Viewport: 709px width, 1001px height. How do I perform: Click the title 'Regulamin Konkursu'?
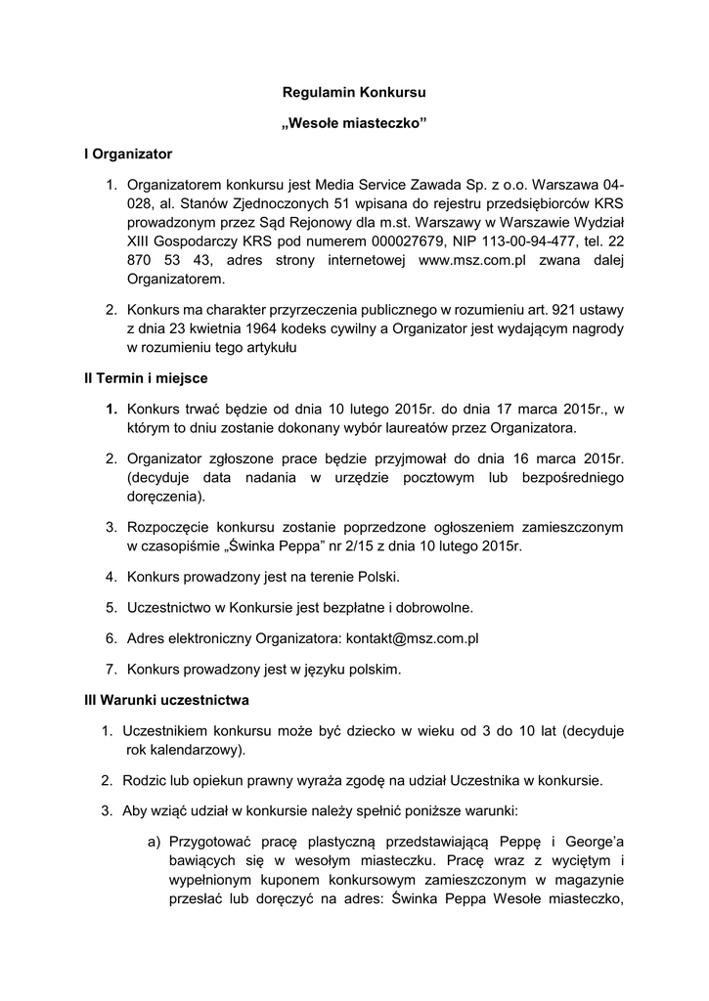354,93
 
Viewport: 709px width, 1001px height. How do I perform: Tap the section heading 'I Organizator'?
128,153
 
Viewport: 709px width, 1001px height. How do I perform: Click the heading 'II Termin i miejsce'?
146,377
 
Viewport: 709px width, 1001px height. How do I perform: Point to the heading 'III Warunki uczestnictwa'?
166,700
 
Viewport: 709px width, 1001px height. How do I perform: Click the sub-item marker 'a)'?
154,842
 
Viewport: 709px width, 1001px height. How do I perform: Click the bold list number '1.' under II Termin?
112,408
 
